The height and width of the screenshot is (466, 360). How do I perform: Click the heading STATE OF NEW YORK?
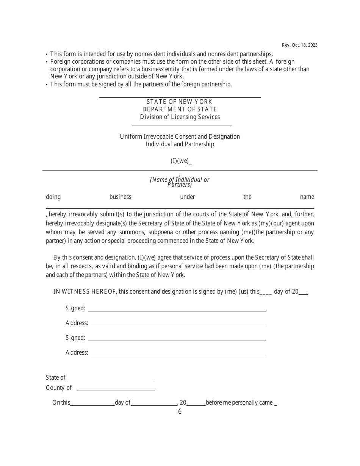(179, 102)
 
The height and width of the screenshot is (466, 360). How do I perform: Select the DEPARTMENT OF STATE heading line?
(180, 109)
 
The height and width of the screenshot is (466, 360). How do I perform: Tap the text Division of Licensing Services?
(180, 117)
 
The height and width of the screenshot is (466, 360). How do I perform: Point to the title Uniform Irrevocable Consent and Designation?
(180, 136)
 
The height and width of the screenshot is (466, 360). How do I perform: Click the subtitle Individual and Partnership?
(180, 144)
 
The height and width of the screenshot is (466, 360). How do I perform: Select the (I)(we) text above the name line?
(180, 161)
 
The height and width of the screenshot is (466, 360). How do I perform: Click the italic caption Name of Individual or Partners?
(180, 182)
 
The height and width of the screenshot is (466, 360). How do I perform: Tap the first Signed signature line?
(177, 309)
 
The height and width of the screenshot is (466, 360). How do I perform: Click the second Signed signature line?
(177, 338)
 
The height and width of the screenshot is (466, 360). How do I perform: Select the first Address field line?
(178, 324)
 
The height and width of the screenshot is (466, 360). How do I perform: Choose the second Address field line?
(178, 353)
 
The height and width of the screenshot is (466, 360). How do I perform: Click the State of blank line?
(110, 378)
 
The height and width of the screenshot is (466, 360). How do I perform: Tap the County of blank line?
(116, 388)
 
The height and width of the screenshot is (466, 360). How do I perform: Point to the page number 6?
(180, 411)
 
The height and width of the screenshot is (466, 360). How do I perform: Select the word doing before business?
(53, 197)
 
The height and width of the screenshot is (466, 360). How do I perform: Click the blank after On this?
(92, 403)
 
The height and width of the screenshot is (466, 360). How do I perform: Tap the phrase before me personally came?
(239, 403)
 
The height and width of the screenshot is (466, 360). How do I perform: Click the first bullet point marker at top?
(47, 55)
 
